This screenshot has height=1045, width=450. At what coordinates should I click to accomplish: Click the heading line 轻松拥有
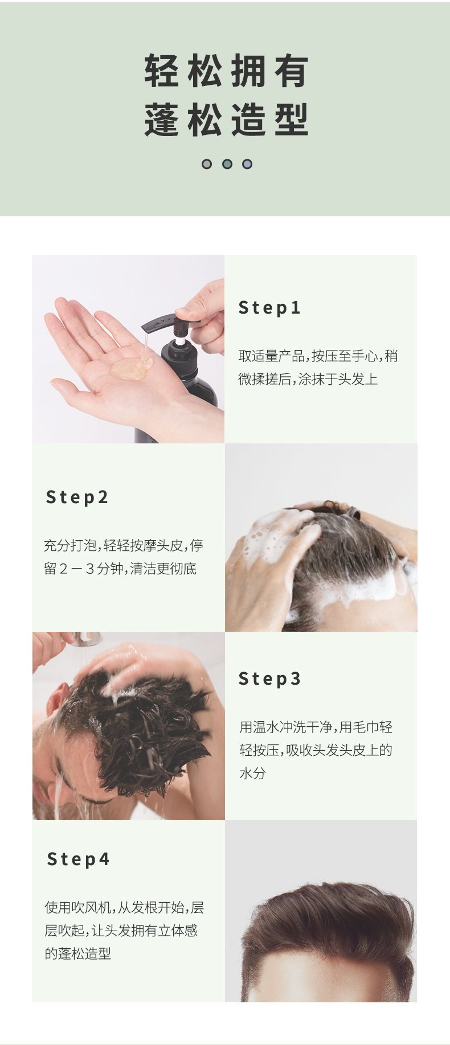click(226, 71)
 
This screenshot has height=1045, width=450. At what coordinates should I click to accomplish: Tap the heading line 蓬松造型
click(226, 120)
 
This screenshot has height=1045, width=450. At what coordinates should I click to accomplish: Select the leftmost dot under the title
click(207, 164)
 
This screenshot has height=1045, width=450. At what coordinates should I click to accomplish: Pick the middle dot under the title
click(227, 164)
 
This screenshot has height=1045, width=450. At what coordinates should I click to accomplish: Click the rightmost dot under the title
click(247, 164)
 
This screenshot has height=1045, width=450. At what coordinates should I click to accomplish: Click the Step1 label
click(269, 308)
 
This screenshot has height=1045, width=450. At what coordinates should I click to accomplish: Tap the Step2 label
click(77, 497)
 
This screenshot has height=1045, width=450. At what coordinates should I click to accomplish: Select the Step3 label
click(269, 679)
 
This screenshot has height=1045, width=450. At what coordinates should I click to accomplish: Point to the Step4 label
click(78, 859)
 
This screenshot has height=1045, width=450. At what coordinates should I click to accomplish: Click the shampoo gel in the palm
click(130, 368)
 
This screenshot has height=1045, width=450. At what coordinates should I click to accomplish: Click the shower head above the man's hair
click(85, 638)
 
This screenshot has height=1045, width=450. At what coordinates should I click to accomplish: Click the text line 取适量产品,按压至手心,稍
click(318, 356)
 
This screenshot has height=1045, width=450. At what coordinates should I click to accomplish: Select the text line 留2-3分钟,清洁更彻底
click(120, 569)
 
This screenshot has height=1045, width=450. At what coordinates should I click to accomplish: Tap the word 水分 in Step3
click(252, 773)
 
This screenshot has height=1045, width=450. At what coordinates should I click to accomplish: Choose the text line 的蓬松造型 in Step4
click(78, 953)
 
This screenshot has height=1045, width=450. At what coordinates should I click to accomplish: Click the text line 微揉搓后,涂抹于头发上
click(308, 379)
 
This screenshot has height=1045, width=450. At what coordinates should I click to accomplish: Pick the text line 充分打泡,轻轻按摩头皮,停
click(124, 546)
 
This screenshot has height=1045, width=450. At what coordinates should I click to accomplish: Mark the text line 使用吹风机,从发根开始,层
click(125, 907)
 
